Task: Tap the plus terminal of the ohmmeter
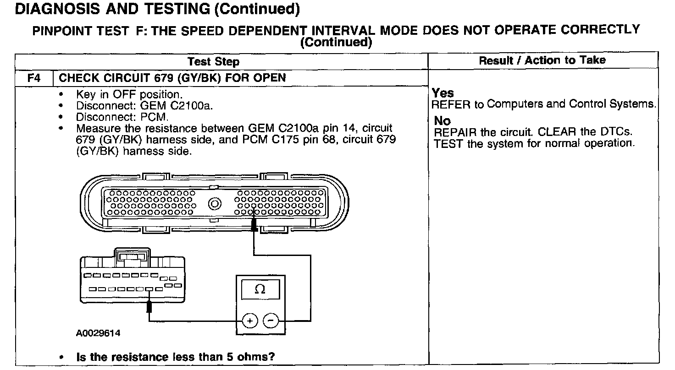pos(249,321)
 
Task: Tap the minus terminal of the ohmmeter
pos(271,321)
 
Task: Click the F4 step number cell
pos(34,78)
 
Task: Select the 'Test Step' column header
pos(214,61)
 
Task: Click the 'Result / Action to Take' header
pos(542,60)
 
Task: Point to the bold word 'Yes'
pos(443,93)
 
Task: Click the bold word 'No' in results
pos(443,121)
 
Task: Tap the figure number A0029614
pos(98,333)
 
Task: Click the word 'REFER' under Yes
pos(451,104)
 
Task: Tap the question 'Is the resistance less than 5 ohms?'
pos(178,357)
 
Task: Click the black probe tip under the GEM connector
pos(149,307)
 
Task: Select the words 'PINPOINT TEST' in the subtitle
pos(80,31)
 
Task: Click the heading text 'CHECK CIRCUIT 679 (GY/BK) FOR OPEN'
pos(172,78)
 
